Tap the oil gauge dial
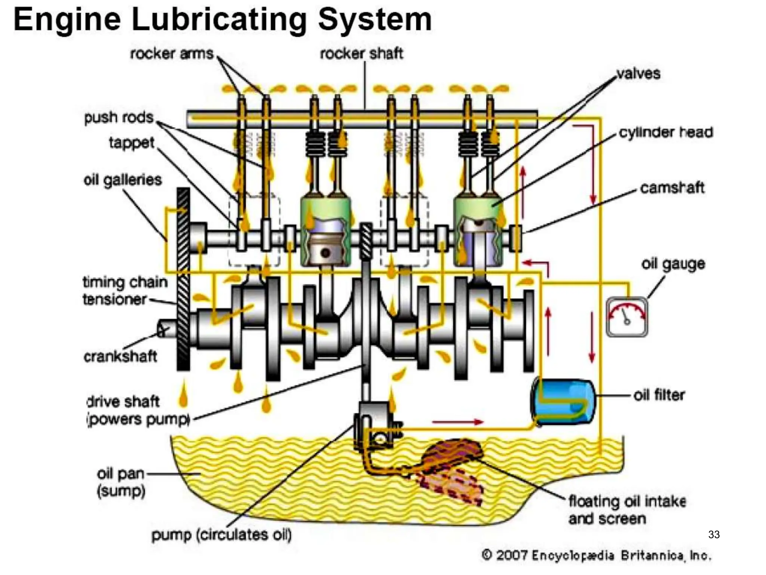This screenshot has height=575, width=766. point(627,317)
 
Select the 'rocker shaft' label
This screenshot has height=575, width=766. point(361,54)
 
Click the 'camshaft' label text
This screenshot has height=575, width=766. point(672,188)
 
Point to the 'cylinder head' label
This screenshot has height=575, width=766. point(666,132)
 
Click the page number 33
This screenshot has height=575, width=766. point(714,535)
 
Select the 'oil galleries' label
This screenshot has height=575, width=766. point(123,180)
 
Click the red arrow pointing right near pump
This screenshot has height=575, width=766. point(457,422)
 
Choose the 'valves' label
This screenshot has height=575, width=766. point(638,73)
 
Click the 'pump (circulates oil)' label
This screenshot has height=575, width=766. point(221,535)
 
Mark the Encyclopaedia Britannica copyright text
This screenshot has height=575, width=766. point(596,555)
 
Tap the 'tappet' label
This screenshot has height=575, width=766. point(131,143)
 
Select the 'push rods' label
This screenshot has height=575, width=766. point(119,118)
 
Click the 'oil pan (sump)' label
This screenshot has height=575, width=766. point(120,482)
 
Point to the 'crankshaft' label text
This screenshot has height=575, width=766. point(120,356)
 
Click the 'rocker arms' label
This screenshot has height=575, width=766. point(172,54)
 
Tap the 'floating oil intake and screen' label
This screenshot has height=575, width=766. point(627,509)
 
